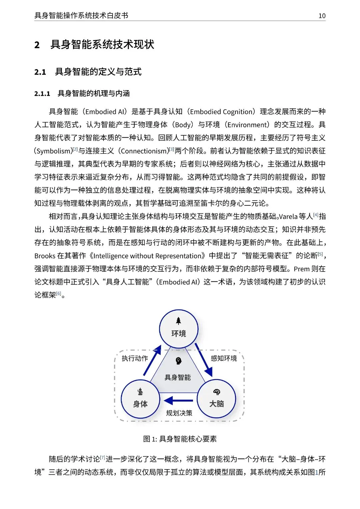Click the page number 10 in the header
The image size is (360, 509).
(x=322, y=16)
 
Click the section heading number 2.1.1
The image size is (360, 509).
(x=42, y=94)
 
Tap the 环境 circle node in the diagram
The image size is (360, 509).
(x=179, y=329)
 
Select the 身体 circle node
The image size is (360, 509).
(x=140, y=399)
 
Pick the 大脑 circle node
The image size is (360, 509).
(x=216, y=399)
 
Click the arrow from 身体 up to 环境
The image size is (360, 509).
(x=152, y=361)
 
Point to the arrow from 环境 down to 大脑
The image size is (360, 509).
(x=204, y=360)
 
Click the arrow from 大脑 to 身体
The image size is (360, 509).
(x=178, y=400)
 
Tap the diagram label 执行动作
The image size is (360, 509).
(x=135, y=358)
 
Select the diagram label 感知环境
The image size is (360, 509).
(x=224, y=358)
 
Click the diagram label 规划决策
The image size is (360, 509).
(x=179, y=413)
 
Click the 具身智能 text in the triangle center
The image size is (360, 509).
(x=178, y=377)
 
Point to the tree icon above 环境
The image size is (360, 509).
(x=179, y=321)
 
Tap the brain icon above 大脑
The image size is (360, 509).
(x=217, y=392)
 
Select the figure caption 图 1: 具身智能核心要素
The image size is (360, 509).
(x=180, y=439)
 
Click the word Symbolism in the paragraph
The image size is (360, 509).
(x=54, y=151)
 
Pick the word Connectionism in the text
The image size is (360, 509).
(x=144, y=151)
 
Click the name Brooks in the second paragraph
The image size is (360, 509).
(x=45, y=256)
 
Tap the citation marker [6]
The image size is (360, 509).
(x=59, y=293)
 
